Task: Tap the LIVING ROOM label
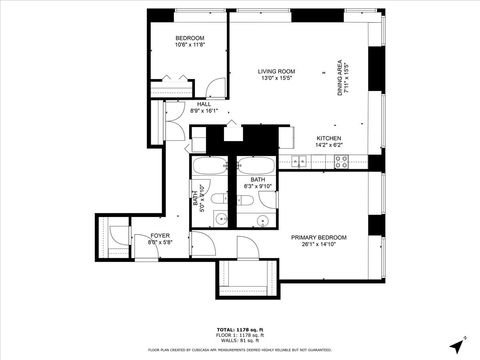[276, 71]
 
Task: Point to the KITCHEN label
[329, 138]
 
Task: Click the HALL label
[203, 104]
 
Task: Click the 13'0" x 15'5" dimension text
[276, 79]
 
